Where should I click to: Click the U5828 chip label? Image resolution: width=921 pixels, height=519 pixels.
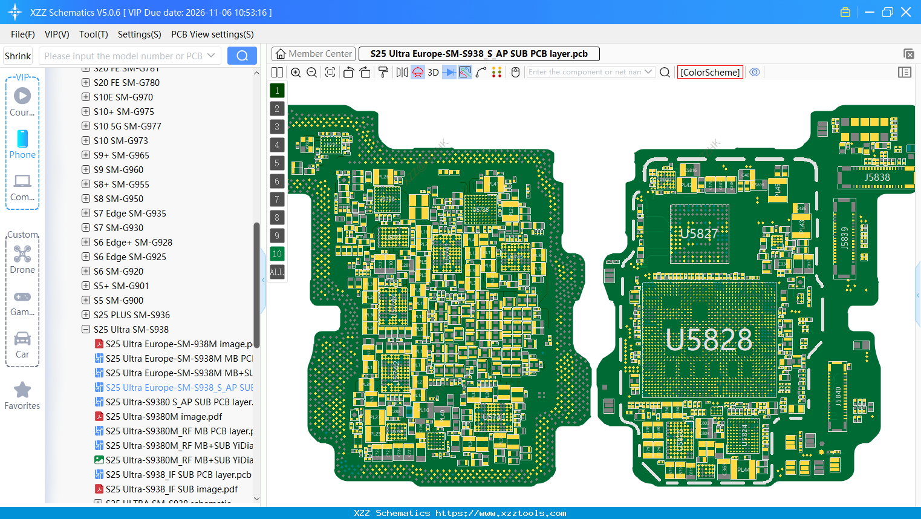(709, 340)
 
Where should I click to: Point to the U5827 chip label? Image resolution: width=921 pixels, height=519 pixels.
(699, 233)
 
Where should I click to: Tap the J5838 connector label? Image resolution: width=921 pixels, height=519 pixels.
(877, 177)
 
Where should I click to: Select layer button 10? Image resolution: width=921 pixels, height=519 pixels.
(277, 254)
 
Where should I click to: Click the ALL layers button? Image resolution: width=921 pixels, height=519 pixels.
(277, 272)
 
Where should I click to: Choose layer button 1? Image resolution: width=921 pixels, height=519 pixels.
(277, 91)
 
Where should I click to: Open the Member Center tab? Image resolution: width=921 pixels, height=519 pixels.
(314, 54)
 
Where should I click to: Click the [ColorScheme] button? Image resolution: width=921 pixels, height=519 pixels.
(710, 72)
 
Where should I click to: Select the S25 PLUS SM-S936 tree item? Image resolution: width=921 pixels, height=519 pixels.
(132, 315)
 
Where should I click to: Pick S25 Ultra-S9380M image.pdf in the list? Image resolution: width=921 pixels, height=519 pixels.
(164, 417)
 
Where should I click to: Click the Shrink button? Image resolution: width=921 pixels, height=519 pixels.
(18, 56)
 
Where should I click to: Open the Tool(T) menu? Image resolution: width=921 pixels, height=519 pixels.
(94, 34)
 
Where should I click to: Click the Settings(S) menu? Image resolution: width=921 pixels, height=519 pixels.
(140, 34)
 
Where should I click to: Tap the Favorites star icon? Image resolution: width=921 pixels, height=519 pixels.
(22, 390)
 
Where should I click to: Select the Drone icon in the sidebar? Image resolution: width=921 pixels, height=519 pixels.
(22, 254)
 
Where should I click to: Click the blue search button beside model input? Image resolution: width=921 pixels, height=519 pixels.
(242, 56)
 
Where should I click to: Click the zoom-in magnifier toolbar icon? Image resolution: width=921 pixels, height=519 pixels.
(296, 73)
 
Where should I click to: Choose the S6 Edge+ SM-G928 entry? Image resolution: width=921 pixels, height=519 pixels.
(133, 243)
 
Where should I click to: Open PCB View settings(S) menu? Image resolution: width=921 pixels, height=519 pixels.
(212, 34)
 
